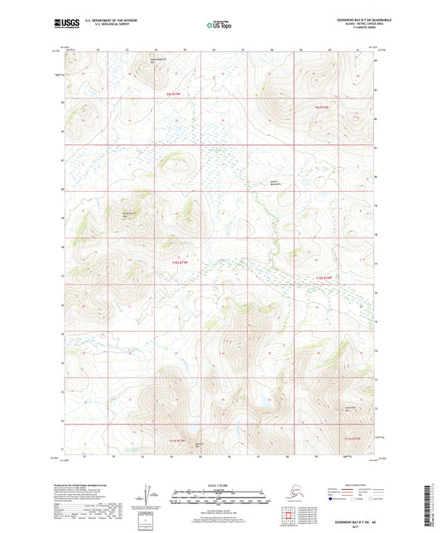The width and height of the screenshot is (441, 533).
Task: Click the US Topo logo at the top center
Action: [219, 24]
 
